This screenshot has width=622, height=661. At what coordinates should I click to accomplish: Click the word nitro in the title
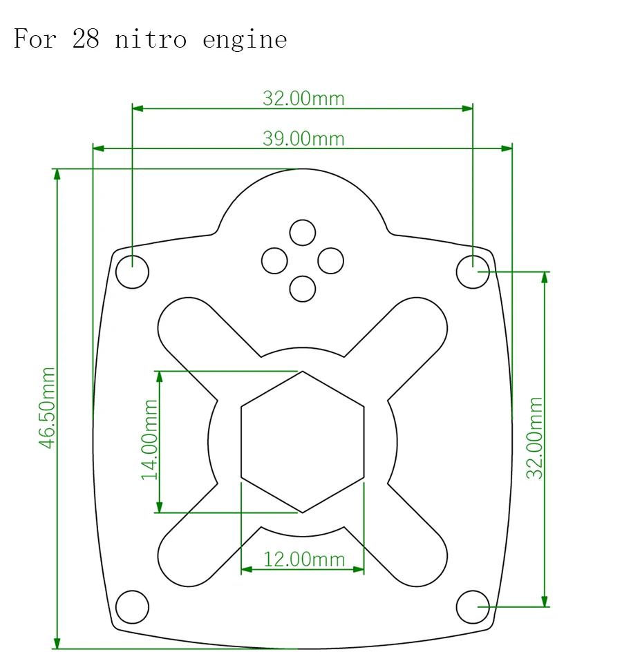151,39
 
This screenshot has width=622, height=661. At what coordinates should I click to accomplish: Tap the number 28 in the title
86,39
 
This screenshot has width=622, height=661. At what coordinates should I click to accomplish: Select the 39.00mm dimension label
303,139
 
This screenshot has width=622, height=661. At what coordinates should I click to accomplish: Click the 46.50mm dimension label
47,408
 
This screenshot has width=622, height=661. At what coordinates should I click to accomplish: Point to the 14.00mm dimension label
150,440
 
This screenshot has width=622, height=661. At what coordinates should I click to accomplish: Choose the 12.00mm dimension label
304,559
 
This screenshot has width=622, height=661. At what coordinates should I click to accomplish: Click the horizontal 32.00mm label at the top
303,98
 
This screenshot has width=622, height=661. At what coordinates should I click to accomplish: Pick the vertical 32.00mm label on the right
535,438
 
